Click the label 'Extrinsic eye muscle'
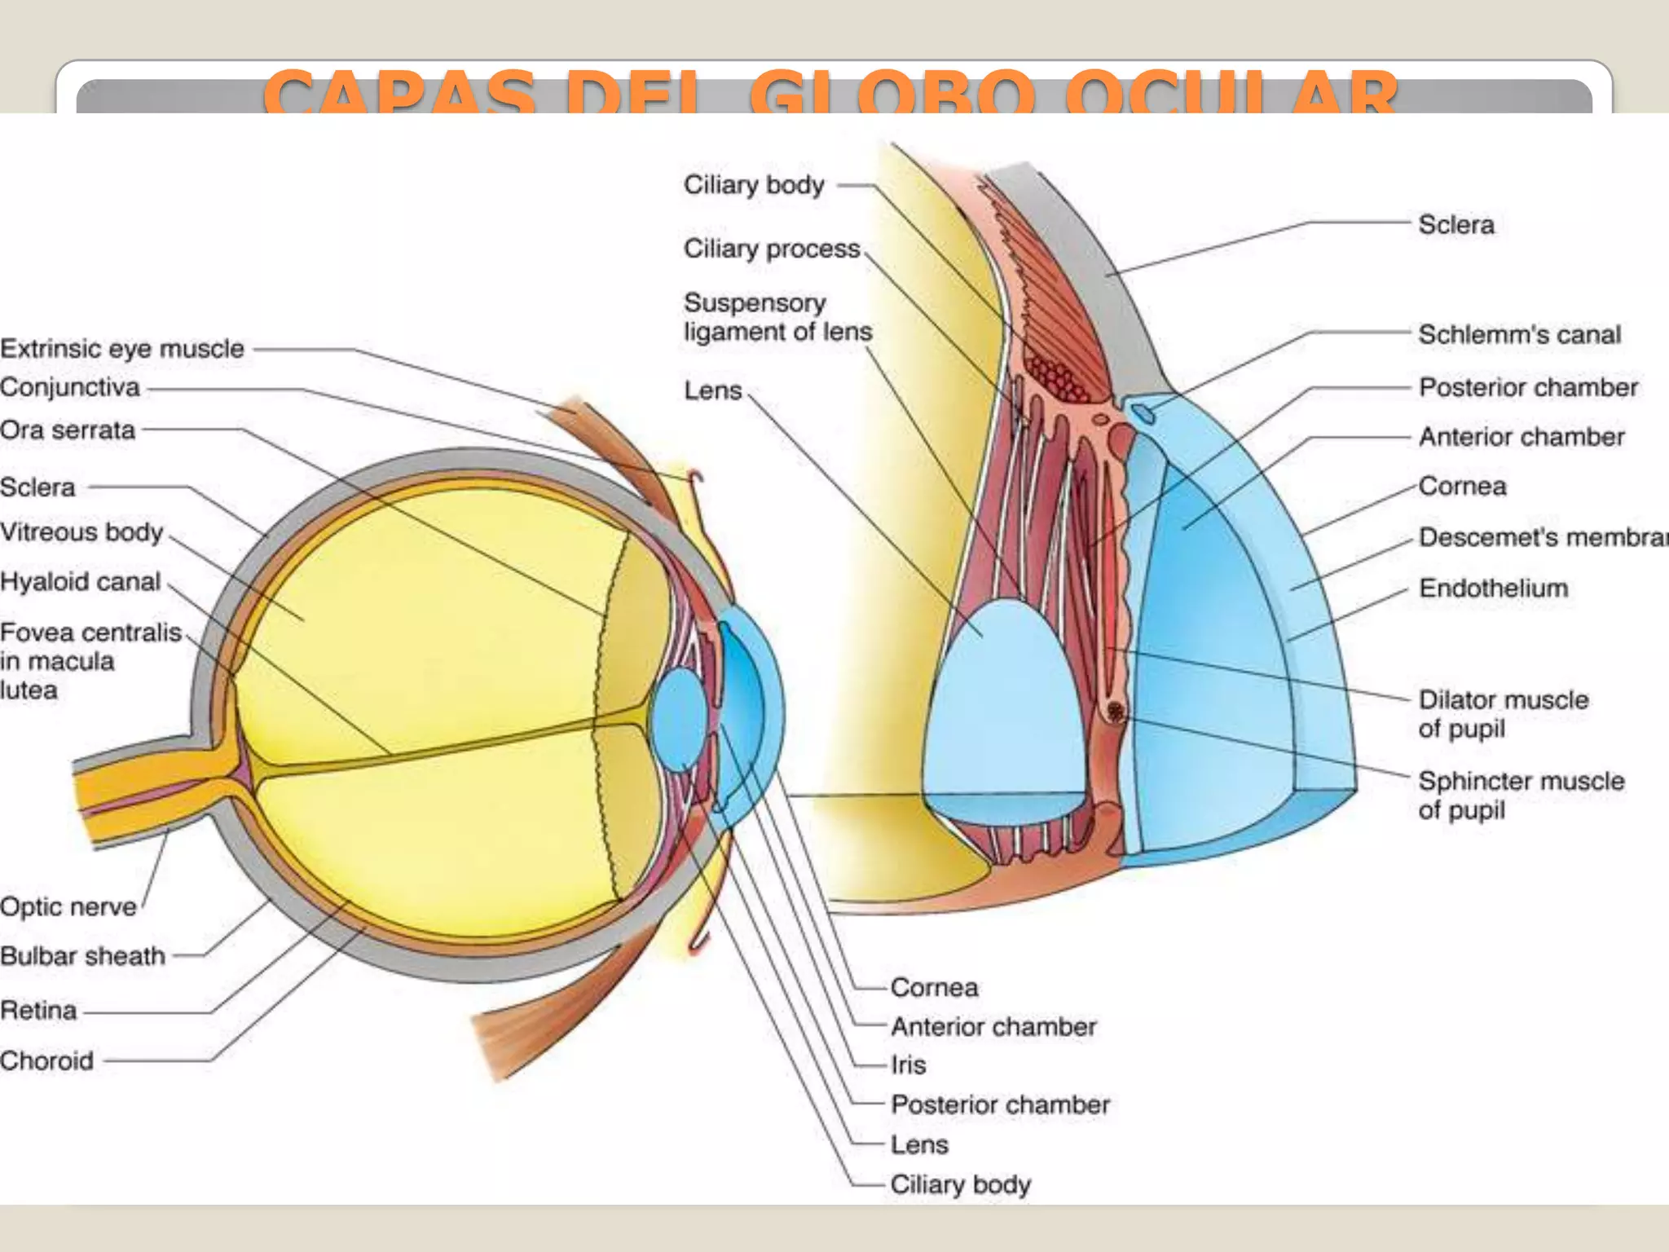(x=122, y=349)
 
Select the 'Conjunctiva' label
(x=70, y=387)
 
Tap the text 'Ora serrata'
(x=68, y=430)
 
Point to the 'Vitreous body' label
(x=81, y=532)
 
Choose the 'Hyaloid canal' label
(x=80, y=582)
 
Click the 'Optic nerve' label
(x=68, y=906)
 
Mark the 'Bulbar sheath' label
(x=82, y=955)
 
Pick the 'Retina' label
(x=38, y=1011)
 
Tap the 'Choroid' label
(x=46, y=1060)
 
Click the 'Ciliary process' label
(x=772, y=249)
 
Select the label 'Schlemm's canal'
(x=1519, y=334)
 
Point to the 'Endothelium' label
(x=1493, y=588)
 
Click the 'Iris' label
(x=909, y=1065)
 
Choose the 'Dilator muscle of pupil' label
(x=1503, y=713)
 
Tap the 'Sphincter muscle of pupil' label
(x=1521, y=795)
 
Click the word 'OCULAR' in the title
(x=1231, y=94)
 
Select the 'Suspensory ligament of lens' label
(x=777, y=317)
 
